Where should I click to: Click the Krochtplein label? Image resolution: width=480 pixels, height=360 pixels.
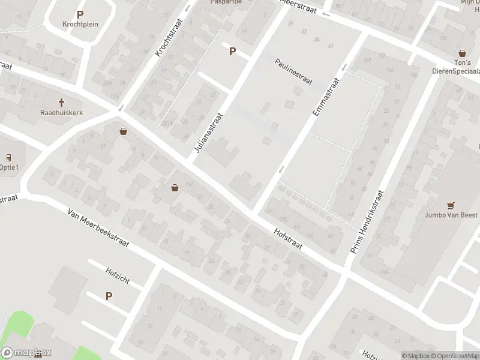(80, 25)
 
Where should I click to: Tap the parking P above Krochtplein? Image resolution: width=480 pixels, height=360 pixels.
(80, 14)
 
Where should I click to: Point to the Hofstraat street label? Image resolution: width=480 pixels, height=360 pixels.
(287, 239)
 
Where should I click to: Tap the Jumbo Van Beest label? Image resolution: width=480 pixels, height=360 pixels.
(451, 215)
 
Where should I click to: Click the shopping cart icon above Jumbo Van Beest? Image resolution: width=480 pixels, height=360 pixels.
(451, 205)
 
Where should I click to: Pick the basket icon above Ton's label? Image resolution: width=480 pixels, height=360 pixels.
(463, 53)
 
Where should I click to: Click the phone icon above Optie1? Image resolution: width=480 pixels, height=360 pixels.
(9, 157)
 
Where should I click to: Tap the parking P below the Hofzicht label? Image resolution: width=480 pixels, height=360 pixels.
(109, 296)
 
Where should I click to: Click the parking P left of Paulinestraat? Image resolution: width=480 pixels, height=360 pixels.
(232, 52)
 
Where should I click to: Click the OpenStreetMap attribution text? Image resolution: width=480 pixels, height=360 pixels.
(454, 356)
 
